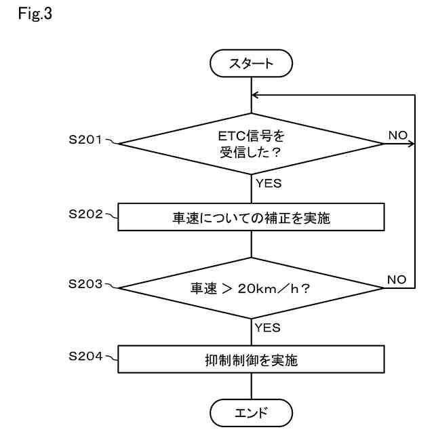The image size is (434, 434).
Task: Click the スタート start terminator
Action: pos(252,64)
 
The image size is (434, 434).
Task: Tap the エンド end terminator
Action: pos(252,412)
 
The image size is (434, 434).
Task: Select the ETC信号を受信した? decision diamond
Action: pos(252,143)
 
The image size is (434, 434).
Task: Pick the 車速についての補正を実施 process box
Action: pos(252,218)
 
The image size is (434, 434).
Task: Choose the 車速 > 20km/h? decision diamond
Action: pos(252,288)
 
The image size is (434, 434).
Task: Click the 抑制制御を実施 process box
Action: pos(252,359)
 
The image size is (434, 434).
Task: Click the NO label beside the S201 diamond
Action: pos(397,136)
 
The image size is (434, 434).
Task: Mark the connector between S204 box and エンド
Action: pos(252,386)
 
